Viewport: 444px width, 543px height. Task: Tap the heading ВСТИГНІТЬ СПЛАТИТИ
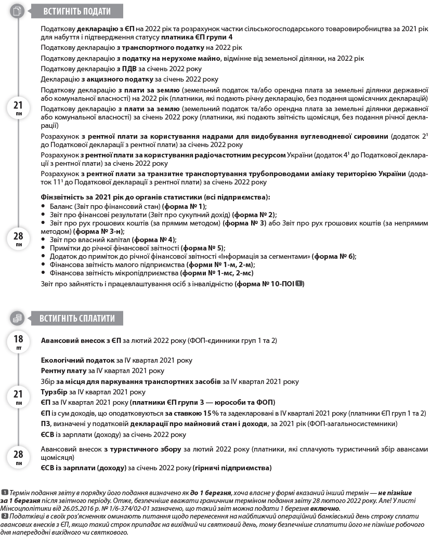[77, 318]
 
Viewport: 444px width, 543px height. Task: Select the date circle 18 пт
[18, 342]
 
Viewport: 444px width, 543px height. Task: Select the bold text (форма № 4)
[154, 240]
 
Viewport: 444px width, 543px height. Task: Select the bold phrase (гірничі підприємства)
[232, 468]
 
